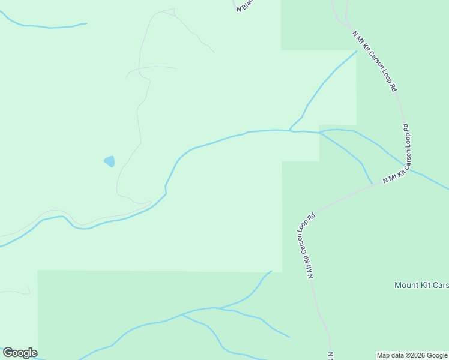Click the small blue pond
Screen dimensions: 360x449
pyautogui.click(x=109, y=161)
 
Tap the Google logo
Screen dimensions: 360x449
pyautogui.click(x=20, y=353)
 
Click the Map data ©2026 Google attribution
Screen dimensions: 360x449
pyautogui.click(x=412, y=355)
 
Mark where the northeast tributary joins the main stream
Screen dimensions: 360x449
pyautogui.click(x=290, y=130)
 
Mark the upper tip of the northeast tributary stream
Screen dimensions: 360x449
pyautogui.click(x=357, y=51)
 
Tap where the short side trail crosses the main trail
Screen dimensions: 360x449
pyautogui.click(x=139, y=68)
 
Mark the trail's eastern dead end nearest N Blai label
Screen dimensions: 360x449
pyautogui.click(x=214, y=52)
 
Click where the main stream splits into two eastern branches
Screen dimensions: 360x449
pyautogui.click(x=319, y=133)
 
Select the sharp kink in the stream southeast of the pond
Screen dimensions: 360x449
pyautogui.click(x=166, y=187)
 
